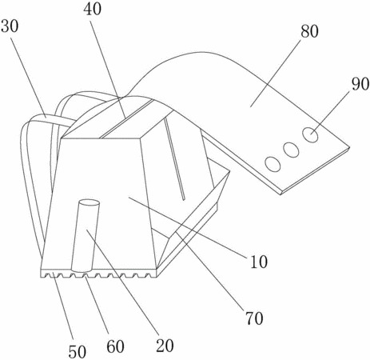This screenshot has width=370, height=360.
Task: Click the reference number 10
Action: pos(259,262)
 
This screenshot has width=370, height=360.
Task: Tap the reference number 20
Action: pos(165,346)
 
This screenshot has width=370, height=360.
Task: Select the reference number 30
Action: pos(10,26)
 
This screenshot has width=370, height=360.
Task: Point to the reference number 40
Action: pos(93,9)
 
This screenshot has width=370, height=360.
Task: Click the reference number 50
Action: pos(78,351)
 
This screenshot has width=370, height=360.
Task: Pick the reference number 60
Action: pos(116,346)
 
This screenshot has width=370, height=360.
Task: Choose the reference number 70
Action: pos(255,318)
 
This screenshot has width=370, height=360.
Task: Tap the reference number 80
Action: pos(310,31)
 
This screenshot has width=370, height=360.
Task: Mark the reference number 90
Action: pos(360,84)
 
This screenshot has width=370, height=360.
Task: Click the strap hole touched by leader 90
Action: pos(311,135)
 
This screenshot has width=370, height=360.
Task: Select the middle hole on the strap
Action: pos(291,150)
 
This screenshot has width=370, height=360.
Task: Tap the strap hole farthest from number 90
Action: pos(273,164)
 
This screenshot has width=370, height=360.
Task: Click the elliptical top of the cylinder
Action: pos(89,204)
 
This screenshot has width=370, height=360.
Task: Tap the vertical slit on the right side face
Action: pos(174,159)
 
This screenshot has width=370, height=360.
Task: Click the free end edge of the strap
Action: pos(315,170)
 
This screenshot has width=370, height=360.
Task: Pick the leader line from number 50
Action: pos(62,308)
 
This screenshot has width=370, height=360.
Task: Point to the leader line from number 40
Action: pos(108,67)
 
